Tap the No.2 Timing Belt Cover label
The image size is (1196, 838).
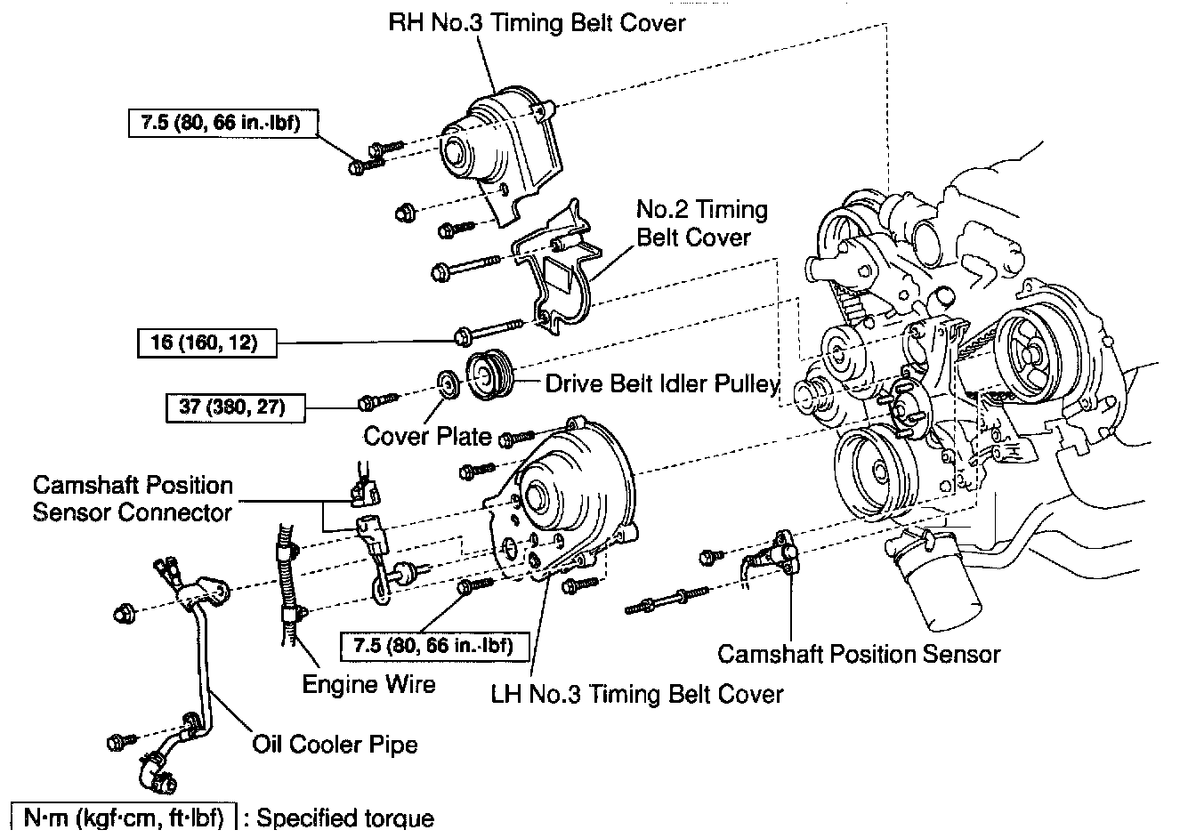[x=701, y=223]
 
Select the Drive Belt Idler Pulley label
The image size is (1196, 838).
[x=662, y=383]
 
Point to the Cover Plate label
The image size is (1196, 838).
[x=427, y=436]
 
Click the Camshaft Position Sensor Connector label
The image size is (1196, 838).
[x=133, y=498]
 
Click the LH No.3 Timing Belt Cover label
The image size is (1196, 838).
[x=637, y=694]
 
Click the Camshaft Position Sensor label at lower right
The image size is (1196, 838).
[x=859, y=654]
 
